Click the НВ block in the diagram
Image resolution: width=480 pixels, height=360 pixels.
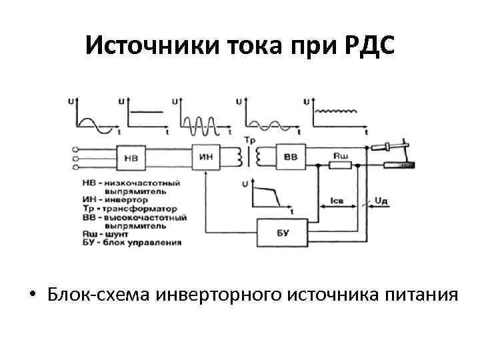pos(132,158)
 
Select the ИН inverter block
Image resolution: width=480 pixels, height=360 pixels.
pos(206,157)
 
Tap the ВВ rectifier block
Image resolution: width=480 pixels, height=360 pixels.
pos(291,157)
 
